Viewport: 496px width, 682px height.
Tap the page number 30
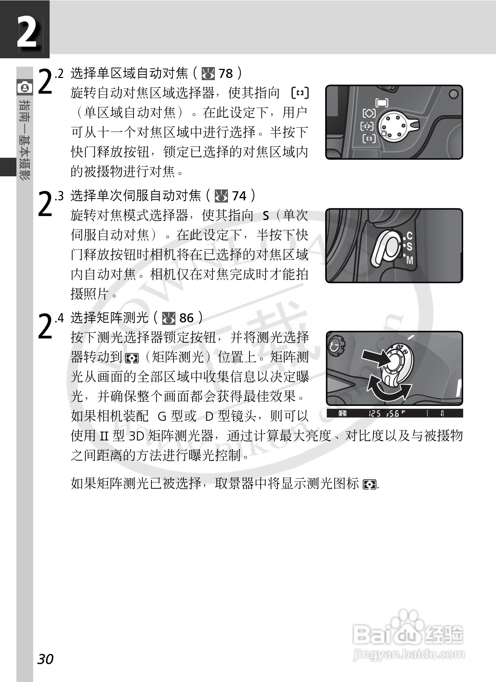pyautogui.click(x=45, y=659)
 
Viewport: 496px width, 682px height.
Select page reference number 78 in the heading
pyautogui.click(x=225, y=74)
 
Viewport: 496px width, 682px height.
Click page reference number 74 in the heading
pyautogui.click(x=239, y=196)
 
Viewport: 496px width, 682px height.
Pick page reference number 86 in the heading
pyautogui.click(x=186, y=318)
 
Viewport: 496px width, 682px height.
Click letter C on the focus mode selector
pyautogui.click(x=409, y=236)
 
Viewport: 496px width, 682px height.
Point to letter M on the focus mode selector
pyautogui.click(x=410, y=260)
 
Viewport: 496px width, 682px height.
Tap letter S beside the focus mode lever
pyautogui.click(x=409, y=247)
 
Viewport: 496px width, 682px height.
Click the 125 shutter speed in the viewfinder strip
pyautogui.click(x=375, y=413)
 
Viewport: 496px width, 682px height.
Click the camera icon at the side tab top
pyautogui.click(x=24, y=87)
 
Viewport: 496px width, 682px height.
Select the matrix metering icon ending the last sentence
pyautogui.click(x=370, y=485)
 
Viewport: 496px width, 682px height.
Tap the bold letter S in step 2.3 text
pyautogui.click(x=266, y=216)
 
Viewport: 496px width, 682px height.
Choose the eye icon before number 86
pyautogui.click(x=169, y=318)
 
